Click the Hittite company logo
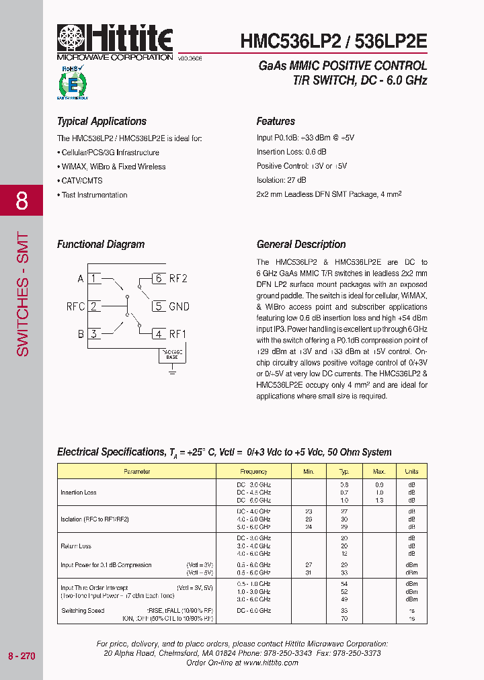click(115, 41)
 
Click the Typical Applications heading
click(102, 122)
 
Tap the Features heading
click(276, 122)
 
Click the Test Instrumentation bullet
click(93, 195)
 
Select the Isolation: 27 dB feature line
click(281, 180)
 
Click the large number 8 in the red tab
click(22, 200)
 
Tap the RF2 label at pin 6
click(178, 279)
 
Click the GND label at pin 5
click(179, 306)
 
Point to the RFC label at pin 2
click(75, 306)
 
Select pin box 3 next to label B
click(94, 334)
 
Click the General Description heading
click(301, 245)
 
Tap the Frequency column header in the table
click(253, 472)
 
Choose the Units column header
click(411, 472)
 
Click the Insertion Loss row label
click(79, 493)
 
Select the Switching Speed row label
click(83, 610)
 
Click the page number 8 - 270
click(22, 656)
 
